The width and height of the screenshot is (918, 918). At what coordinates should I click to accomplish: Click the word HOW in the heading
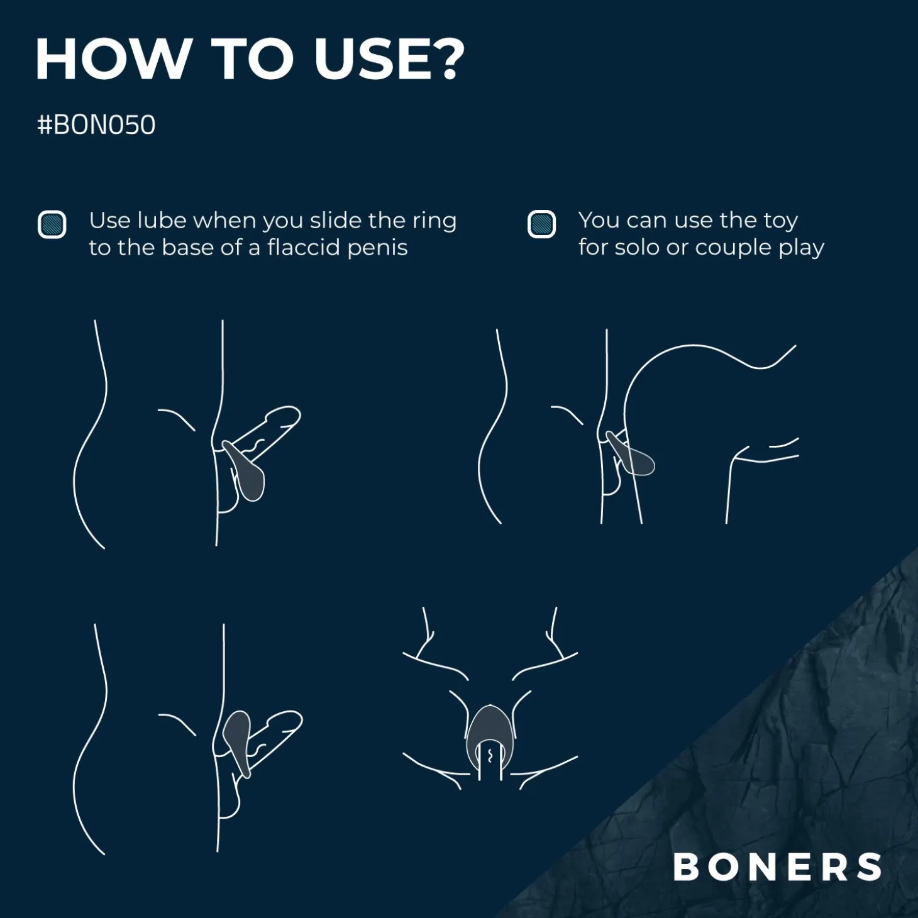point(112,58)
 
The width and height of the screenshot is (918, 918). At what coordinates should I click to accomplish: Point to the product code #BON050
point(96,125)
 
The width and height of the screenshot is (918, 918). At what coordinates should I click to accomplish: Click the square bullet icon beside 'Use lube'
point(52,224)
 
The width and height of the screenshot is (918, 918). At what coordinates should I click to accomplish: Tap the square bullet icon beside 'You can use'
point(541,224)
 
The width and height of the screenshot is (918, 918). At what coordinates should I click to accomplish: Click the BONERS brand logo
point(777,866)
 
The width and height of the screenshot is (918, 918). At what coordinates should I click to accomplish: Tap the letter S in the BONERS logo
point(867,866)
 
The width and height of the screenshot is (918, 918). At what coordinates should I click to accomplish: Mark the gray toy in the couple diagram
point(632,454)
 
